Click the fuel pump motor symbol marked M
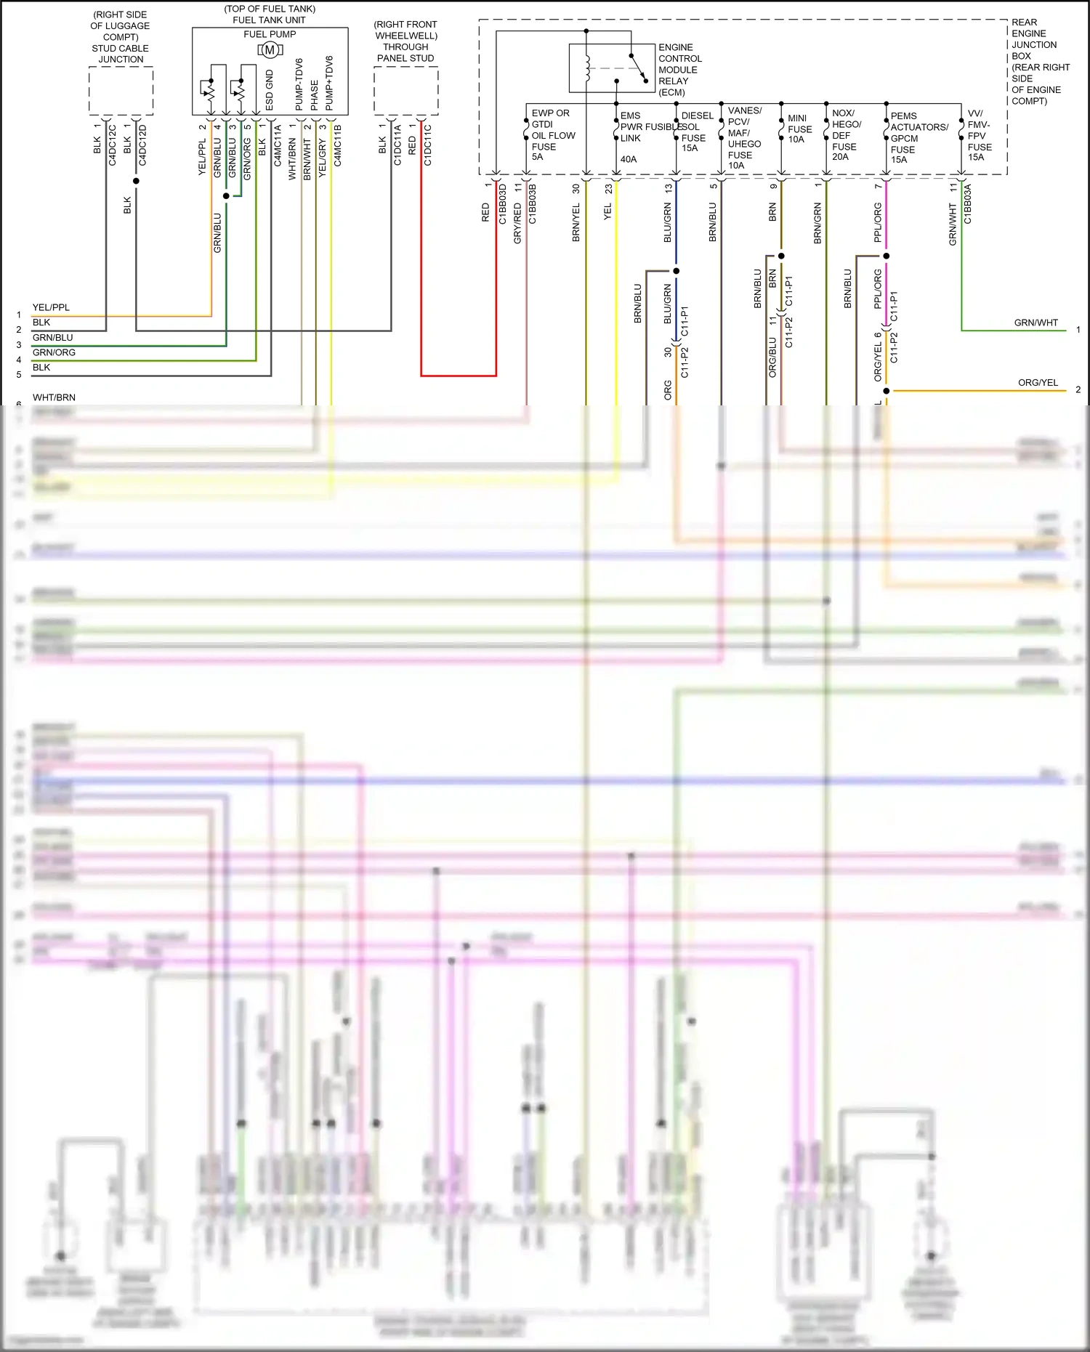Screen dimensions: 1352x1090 [x=270, y=50]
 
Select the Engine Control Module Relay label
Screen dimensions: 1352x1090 [x=679, y=70]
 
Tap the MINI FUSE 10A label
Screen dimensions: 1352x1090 [x=799, y=129]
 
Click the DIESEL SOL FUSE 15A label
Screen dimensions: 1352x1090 [x=695, y=131]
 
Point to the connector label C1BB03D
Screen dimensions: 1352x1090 [x=503, y=203]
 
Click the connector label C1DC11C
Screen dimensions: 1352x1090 [x=428, y=145]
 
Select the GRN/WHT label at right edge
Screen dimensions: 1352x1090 [x=1035, y=323]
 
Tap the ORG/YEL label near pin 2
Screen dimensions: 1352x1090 [x=1037, y=382]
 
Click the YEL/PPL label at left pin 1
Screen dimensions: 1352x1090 [x=51, y=307]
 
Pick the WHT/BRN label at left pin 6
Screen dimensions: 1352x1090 [x=54, y=397]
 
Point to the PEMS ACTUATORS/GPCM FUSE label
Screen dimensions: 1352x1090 [x=919, y=137]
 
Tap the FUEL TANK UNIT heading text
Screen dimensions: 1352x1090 [x=269, y=20]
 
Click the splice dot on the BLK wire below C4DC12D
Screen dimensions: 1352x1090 [x=136, y=181]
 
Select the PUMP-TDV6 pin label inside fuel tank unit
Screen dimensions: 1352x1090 [x=299, y=85]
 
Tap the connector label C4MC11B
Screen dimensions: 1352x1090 [x=338, y=145]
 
